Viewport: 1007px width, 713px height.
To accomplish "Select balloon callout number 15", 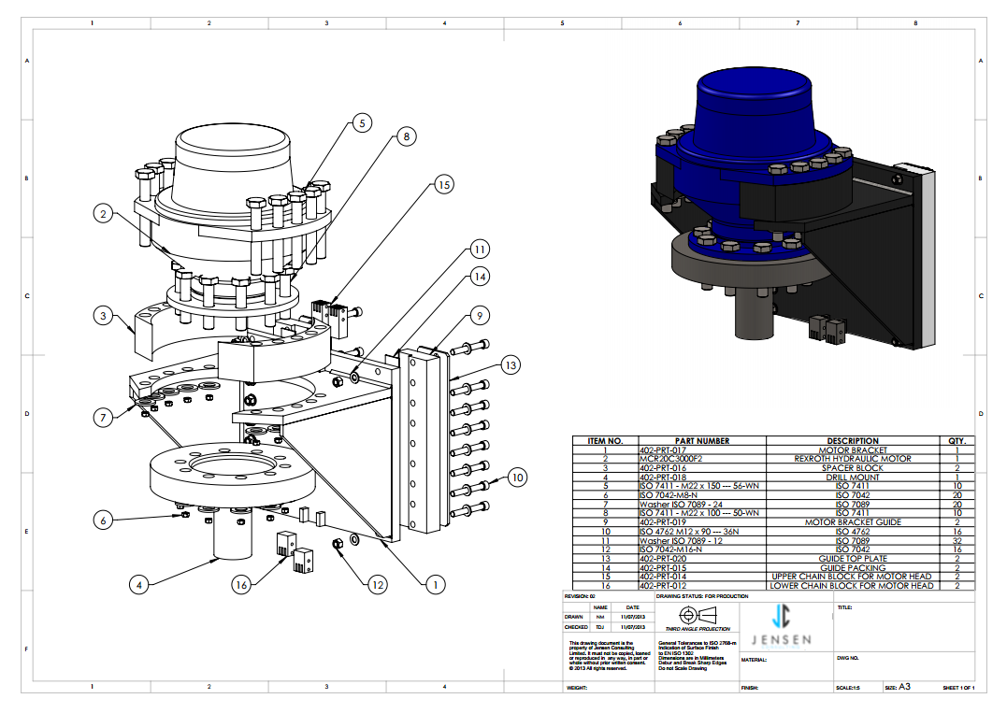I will [444, 185].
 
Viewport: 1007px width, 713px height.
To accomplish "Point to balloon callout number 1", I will [433, 585].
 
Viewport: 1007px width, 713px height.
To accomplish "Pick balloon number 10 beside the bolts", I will [518, 477].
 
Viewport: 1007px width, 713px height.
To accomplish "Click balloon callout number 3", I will [104, 316].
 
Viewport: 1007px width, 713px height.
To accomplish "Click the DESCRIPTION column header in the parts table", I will [853, 441].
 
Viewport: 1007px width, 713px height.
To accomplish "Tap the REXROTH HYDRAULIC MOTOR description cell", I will [853, 459].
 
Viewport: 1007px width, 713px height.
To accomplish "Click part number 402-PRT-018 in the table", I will [660, 477].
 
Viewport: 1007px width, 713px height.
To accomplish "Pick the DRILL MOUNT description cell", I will [853, 477].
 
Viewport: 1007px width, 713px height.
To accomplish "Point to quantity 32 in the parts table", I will [956, 540].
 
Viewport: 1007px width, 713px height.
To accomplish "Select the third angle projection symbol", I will [695, 615].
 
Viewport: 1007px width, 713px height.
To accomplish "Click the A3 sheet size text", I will [904, 687].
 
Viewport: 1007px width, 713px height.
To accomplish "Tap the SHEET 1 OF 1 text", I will [958, 688].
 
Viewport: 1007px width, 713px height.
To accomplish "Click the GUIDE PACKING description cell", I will [853, 567].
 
